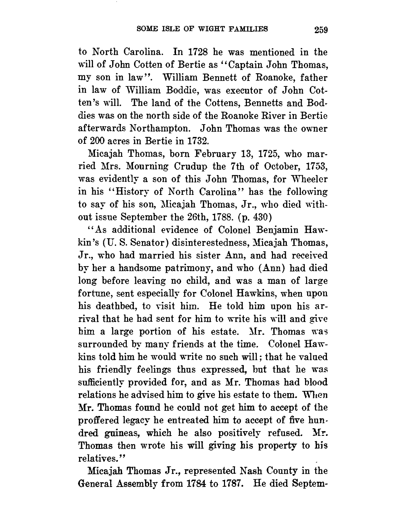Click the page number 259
tap(321, 30)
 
